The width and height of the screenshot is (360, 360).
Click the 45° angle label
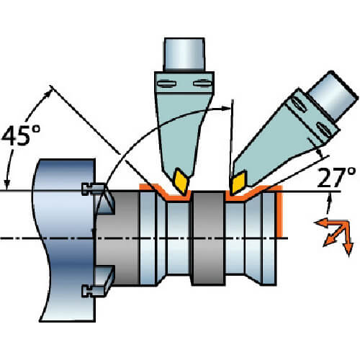(x=21, y=135)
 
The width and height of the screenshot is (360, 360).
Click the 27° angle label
(x=336, y=177)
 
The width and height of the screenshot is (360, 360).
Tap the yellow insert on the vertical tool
(x=181, y=181)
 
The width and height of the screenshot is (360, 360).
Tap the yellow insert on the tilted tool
(x=238, y=182)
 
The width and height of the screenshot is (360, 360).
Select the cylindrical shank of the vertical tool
(x=184, y=54)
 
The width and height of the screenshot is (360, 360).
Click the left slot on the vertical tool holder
(x=166, y=84)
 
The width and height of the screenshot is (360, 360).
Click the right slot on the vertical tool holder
(x=202, y=84)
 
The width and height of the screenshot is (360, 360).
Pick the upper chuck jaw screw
(x=93, y=189)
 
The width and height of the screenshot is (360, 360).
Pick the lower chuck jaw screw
(x=93, y=291)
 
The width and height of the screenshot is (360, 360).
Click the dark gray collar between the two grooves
(x=208, y=238)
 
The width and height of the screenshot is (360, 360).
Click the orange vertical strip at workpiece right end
(x=280, y=211)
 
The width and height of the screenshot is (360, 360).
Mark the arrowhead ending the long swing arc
(x=225, y=108)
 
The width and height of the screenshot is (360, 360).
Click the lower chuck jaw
(x=104, y=276)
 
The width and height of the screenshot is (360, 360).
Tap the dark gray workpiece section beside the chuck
(x=117, y=238)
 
